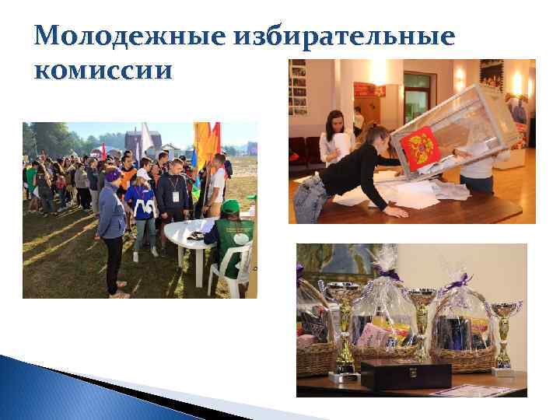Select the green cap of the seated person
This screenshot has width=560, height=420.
(x=230, y=206)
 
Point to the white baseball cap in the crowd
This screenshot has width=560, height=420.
(x=142, y=174)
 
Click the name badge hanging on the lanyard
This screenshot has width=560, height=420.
(x=176, y=195)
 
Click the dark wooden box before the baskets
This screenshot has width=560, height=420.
(x=405, y=374)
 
